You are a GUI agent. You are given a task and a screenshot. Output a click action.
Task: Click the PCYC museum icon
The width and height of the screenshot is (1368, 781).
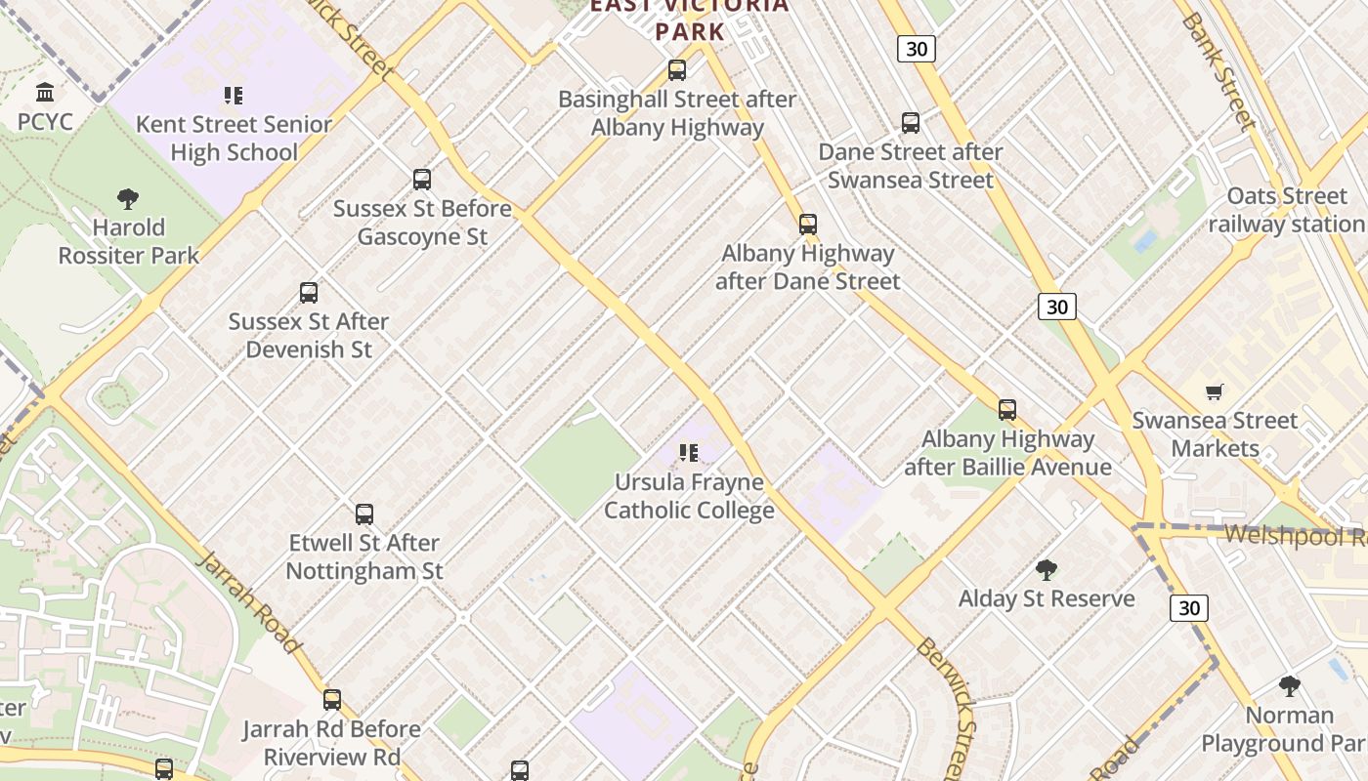click(x=45, y=93)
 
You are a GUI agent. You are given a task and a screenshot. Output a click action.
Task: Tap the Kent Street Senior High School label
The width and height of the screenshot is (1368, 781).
click(x=234, y=138)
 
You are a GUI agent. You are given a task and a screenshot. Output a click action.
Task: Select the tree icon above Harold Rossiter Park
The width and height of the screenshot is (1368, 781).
click(x=127, y=199)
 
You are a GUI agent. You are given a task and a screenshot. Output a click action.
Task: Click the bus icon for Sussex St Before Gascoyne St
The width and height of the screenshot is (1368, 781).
click(x=422, y=180)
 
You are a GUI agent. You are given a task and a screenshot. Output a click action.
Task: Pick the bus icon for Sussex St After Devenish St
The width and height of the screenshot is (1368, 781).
click(x=309, y=293)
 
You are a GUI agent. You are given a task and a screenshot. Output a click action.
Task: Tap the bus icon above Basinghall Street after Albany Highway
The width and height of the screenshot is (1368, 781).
click(x=677, y=70)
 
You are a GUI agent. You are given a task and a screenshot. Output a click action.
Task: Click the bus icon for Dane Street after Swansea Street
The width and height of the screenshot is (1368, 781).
click(x=911, y=123)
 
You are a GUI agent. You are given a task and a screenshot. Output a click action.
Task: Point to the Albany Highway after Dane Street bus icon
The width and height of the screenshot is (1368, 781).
click(x=808, y=225)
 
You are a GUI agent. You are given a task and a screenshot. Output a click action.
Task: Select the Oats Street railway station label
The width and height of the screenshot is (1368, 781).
click(x=1286, y=210)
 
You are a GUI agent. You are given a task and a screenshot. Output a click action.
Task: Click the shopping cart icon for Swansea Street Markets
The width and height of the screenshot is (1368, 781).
click(x=1215, y=392)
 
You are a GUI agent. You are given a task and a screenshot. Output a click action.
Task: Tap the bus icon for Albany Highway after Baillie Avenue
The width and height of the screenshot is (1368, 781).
click(x=1007, y=410)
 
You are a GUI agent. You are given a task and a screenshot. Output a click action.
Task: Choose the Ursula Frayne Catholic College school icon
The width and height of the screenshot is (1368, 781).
click(x=689, y=453)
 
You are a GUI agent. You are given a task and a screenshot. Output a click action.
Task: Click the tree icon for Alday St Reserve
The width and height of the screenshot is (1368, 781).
click(x=1047, y=569)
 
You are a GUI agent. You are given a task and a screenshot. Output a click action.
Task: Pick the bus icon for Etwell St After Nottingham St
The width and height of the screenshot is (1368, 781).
click(x=364, y=514)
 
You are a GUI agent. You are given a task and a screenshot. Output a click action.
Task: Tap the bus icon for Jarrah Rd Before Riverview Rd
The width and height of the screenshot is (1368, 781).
click(x=332, y=700)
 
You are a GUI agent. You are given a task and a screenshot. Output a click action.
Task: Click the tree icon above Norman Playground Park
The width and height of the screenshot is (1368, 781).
click(x=1290, y=686)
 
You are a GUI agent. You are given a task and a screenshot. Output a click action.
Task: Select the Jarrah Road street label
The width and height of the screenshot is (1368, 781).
click(x=248, y=601)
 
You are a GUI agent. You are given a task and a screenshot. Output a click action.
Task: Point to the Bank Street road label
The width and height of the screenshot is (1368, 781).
click(x=1217, y=70)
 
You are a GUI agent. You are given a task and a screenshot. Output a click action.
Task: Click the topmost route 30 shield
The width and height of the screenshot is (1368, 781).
click(x=917, y=49)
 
